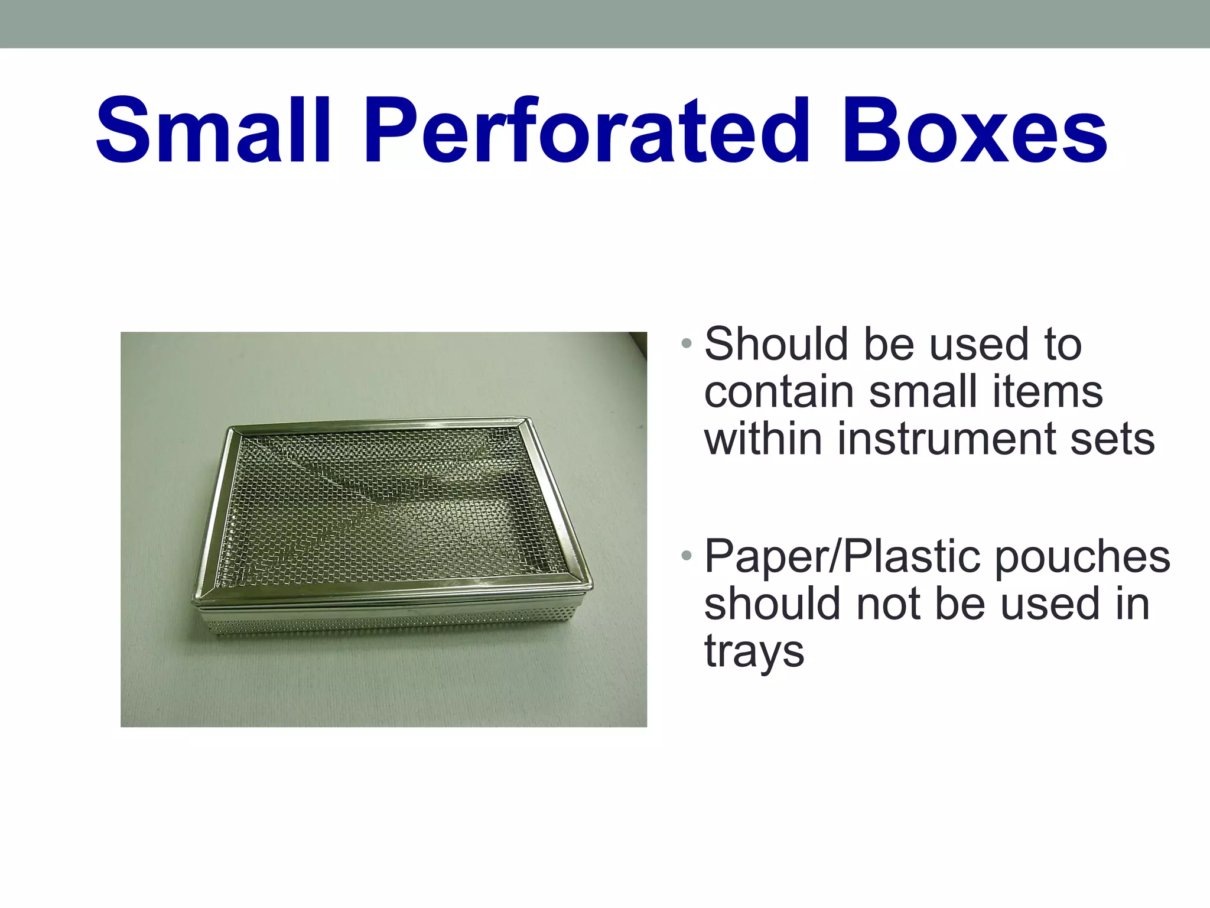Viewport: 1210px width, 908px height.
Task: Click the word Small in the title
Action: (x=213, y=131)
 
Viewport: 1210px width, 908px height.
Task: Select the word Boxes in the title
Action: (x=974, y=131)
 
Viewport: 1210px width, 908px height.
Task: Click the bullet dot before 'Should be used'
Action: (x=685, y=343)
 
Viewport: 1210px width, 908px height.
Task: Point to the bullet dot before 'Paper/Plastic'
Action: (x=685, y=556)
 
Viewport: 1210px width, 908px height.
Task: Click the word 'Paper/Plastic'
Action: (x=844, y=558)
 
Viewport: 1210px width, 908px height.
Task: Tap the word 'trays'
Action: (x=754, y=653)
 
